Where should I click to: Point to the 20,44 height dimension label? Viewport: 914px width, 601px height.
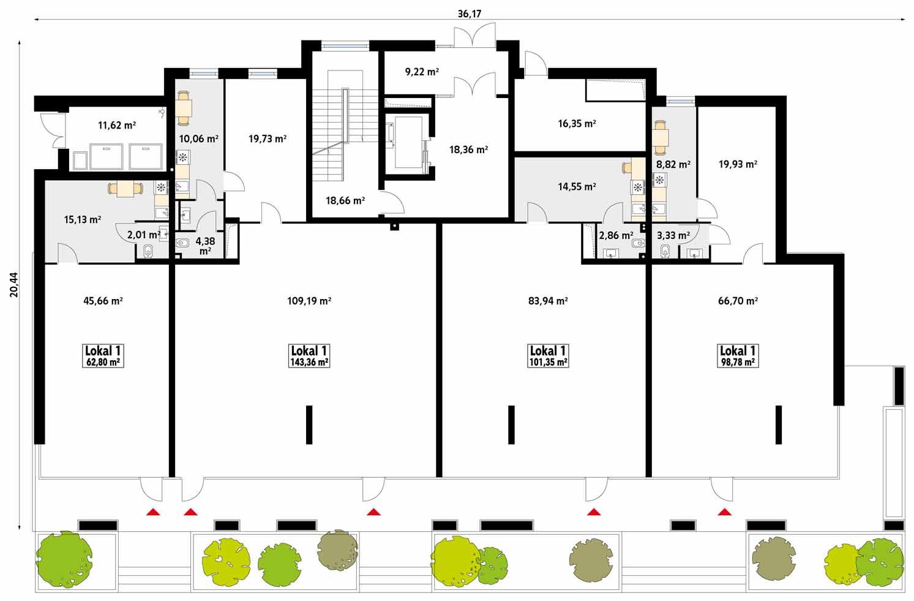[14, 285]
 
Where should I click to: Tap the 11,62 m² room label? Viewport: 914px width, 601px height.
[117, 126]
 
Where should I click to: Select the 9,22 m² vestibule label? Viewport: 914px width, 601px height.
[422, 72]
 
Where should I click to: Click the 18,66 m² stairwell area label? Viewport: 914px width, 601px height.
[345, 200]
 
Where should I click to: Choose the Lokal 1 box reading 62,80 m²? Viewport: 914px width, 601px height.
[103, 355]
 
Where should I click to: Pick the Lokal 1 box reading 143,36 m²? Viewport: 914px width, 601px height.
[309, 355]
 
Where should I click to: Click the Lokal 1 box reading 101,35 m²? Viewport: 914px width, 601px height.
[548, 355]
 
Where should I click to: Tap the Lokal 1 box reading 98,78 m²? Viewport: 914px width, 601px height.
[738, 355]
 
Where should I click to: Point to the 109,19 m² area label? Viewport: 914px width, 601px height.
[309, 301]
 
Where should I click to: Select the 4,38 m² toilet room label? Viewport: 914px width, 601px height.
[205, 246]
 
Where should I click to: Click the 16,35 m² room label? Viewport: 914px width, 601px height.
[577, 124]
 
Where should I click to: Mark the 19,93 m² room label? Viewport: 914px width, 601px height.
[738, 164]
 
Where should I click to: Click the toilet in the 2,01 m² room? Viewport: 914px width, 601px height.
[147, 252]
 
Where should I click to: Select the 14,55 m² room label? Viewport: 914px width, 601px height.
[577, 187]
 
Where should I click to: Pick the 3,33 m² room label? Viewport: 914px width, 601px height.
[673, 235]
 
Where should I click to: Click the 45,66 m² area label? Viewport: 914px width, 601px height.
[103, 301]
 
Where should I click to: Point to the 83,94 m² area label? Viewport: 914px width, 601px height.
[548, 301]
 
